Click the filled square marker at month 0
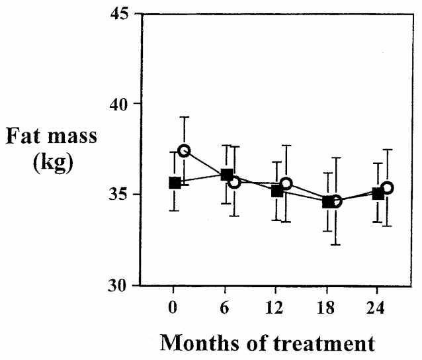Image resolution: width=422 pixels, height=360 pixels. pos(175,183)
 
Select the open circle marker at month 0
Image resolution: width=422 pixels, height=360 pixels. pos(184,151)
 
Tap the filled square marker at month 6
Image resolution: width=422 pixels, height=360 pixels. pos(226,175)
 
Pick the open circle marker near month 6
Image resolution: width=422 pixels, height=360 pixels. pos(233,181)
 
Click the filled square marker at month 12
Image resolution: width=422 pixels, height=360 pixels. pos(277,191)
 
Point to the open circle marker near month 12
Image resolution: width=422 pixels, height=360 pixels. pos(286,183)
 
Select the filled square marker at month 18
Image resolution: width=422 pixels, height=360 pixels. pos(327,202)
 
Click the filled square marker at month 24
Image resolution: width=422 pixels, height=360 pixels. pos(378,194)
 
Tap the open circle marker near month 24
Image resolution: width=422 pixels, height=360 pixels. pos(388,187)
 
